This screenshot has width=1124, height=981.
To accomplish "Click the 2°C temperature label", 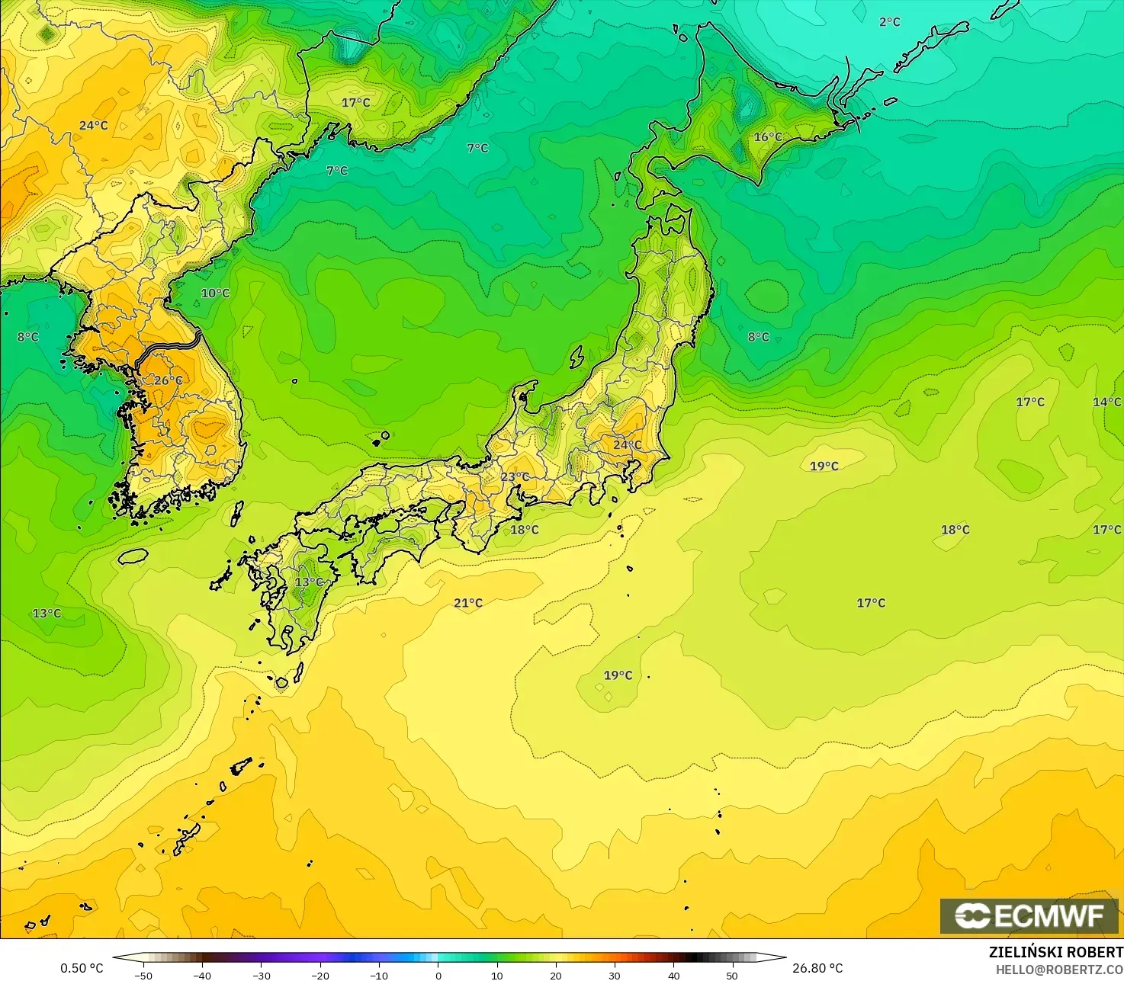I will pos(889,22).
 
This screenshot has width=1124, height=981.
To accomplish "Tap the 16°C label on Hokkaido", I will pos(768,137).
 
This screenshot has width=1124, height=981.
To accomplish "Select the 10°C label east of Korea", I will pos(215,293).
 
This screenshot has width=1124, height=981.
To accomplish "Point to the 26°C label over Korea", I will pos(169,380).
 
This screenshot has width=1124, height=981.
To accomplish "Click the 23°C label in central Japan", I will pos(515,477).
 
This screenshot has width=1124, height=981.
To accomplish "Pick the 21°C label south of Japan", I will pos(468,603).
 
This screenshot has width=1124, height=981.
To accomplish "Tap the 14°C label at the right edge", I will pos(1107,402).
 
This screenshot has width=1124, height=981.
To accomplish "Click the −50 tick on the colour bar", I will pos(143,975).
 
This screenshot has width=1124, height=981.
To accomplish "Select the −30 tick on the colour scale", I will pos(261,975).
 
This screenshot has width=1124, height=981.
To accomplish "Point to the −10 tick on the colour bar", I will pos(379,975).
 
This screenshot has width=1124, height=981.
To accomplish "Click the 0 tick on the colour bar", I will pos(438,975).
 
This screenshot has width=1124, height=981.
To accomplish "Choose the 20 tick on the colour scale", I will pos(556,975).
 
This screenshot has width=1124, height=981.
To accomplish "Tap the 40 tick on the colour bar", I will pos(673,975).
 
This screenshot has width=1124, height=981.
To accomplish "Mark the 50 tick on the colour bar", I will pos(732,975).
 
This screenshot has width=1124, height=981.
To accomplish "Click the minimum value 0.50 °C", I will pos(82,968).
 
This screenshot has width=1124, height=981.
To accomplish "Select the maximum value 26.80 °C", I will pos(817,968).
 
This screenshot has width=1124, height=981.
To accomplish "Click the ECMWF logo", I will pos(1029,915).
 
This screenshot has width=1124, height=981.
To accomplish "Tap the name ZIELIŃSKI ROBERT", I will pos(1055,952).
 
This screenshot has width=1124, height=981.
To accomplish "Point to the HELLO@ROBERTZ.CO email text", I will pos(1059,969).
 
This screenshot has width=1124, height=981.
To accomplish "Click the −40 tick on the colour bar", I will pos(201,975).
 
